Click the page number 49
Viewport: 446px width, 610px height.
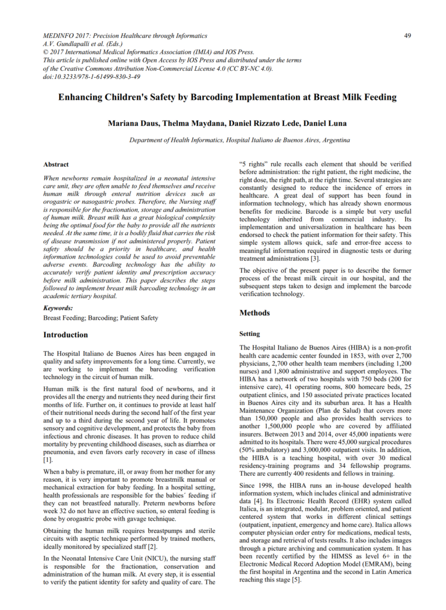407,35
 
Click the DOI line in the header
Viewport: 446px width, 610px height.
91,76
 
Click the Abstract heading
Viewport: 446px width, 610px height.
56,164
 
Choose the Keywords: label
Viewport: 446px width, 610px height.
58,308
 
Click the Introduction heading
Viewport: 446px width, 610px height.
66,335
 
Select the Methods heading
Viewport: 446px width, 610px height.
254,313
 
